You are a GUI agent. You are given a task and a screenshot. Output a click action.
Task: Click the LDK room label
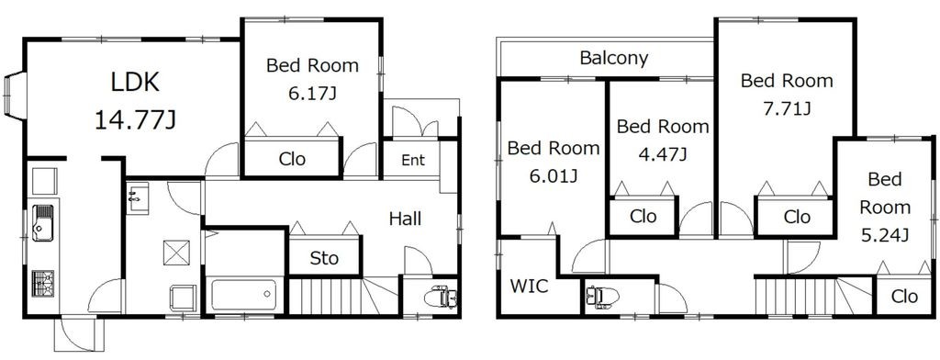pos(136,83)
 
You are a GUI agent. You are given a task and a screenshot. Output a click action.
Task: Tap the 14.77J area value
pos(135,120)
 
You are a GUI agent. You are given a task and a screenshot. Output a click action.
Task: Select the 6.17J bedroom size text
pos(312,95)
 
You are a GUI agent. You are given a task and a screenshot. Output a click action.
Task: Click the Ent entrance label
pos(413,160)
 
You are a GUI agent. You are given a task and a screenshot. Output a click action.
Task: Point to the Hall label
pos(405,219)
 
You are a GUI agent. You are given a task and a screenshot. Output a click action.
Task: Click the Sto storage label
pos(324,258)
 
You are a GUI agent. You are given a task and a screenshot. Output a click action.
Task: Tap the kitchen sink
pos(42,222)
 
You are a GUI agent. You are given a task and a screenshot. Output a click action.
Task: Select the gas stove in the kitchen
pos(42,283)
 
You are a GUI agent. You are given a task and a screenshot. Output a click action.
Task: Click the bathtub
pos(244,295)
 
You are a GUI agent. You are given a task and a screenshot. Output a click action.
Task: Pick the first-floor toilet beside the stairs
pos(441,297)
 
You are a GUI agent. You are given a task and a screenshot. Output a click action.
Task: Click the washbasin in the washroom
pos(138,198)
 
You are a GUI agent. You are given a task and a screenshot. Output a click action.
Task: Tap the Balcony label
pos(614,58)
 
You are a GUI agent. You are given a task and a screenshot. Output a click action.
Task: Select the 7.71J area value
pos(787,108)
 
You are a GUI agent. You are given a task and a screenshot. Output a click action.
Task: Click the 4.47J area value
pos(663,155)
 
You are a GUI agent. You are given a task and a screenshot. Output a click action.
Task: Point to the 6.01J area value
pos(554,176)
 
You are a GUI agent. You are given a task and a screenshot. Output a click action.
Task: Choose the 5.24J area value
pos(885,236)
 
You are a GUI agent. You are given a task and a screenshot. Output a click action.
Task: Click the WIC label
pos(529,287)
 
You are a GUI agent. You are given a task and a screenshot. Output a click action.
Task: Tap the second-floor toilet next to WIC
pos(602,297)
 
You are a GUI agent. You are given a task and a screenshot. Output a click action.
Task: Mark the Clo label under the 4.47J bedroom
pos(643,216)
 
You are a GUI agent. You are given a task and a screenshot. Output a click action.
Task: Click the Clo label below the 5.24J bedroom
pos(904,296)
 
